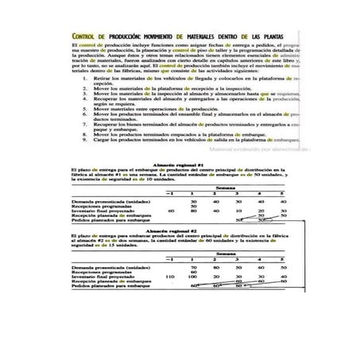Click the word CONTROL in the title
(x=87, y=37)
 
